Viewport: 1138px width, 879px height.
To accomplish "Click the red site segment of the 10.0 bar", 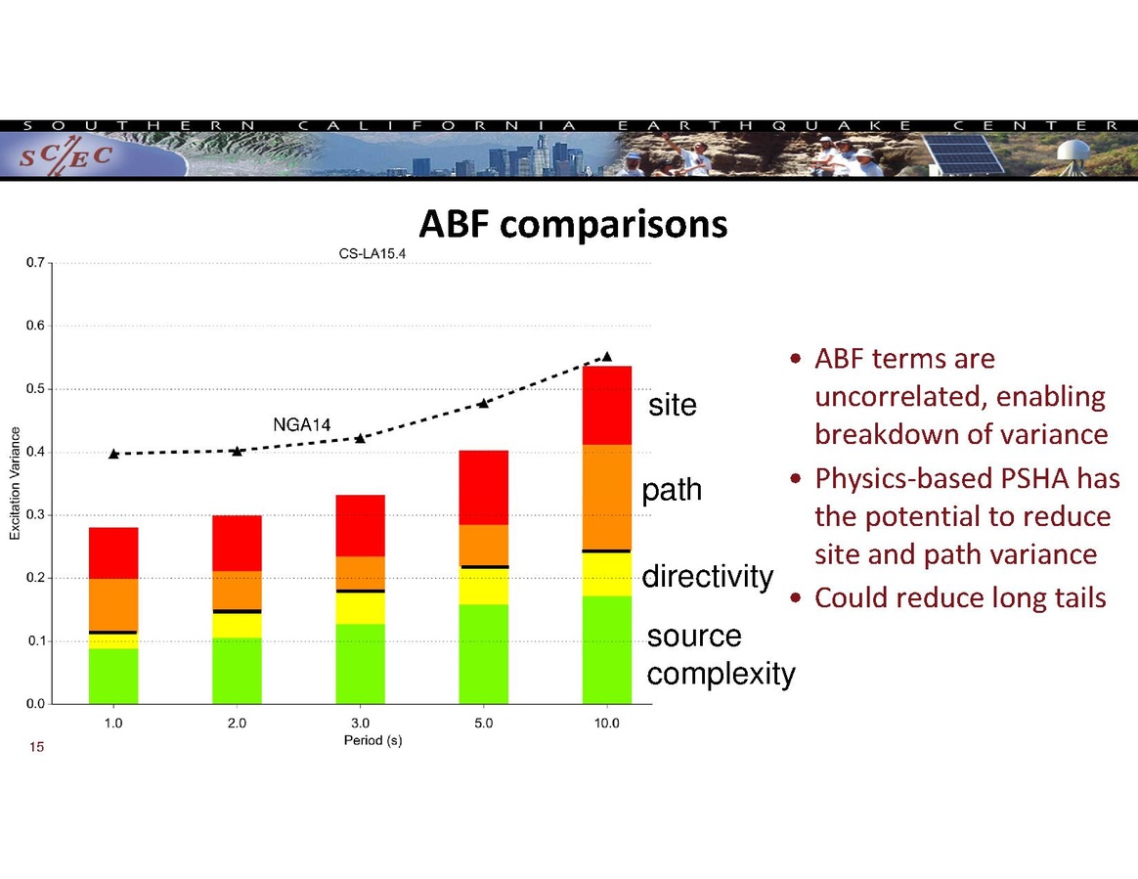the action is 607,405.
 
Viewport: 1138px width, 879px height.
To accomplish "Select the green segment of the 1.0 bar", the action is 113,676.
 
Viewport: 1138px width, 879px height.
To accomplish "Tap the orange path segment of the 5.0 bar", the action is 483,546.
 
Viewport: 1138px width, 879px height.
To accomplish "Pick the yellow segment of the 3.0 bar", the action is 360,608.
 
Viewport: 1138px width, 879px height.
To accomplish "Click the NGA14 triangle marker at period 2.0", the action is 237,451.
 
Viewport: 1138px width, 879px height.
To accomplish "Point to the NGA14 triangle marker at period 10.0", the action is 607,356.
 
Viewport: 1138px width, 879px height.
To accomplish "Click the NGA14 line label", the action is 302,424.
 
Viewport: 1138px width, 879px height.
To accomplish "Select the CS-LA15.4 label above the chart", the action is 372,254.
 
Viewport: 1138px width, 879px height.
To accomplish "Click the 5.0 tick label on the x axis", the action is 483,723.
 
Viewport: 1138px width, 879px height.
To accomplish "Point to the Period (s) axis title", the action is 373,740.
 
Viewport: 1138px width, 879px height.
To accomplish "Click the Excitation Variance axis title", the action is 15,483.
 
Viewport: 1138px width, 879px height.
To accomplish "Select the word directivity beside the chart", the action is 708,576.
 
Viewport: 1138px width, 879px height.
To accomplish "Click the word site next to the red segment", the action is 673,405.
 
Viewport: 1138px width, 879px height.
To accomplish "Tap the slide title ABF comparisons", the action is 573,224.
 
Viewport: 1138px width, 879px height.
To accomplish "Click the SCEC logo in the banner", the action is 66,155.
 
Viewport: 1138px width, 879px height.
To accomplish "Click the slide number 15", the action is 36,747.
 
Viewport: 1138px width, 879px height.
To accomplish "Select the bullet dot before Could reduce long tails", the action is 796,598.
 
